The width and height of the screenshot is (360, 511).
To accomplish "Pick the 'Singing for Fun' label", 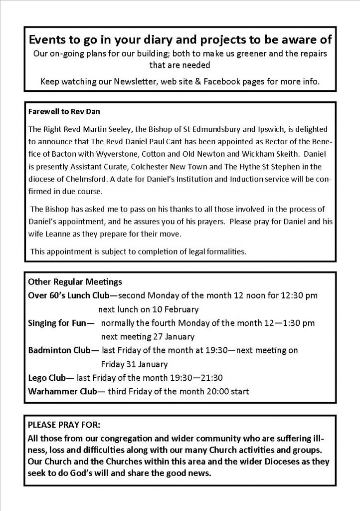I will [x=57, y=323].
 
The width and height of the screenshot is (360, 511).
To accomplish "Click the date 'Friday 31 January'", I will [x=134, y=364].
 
